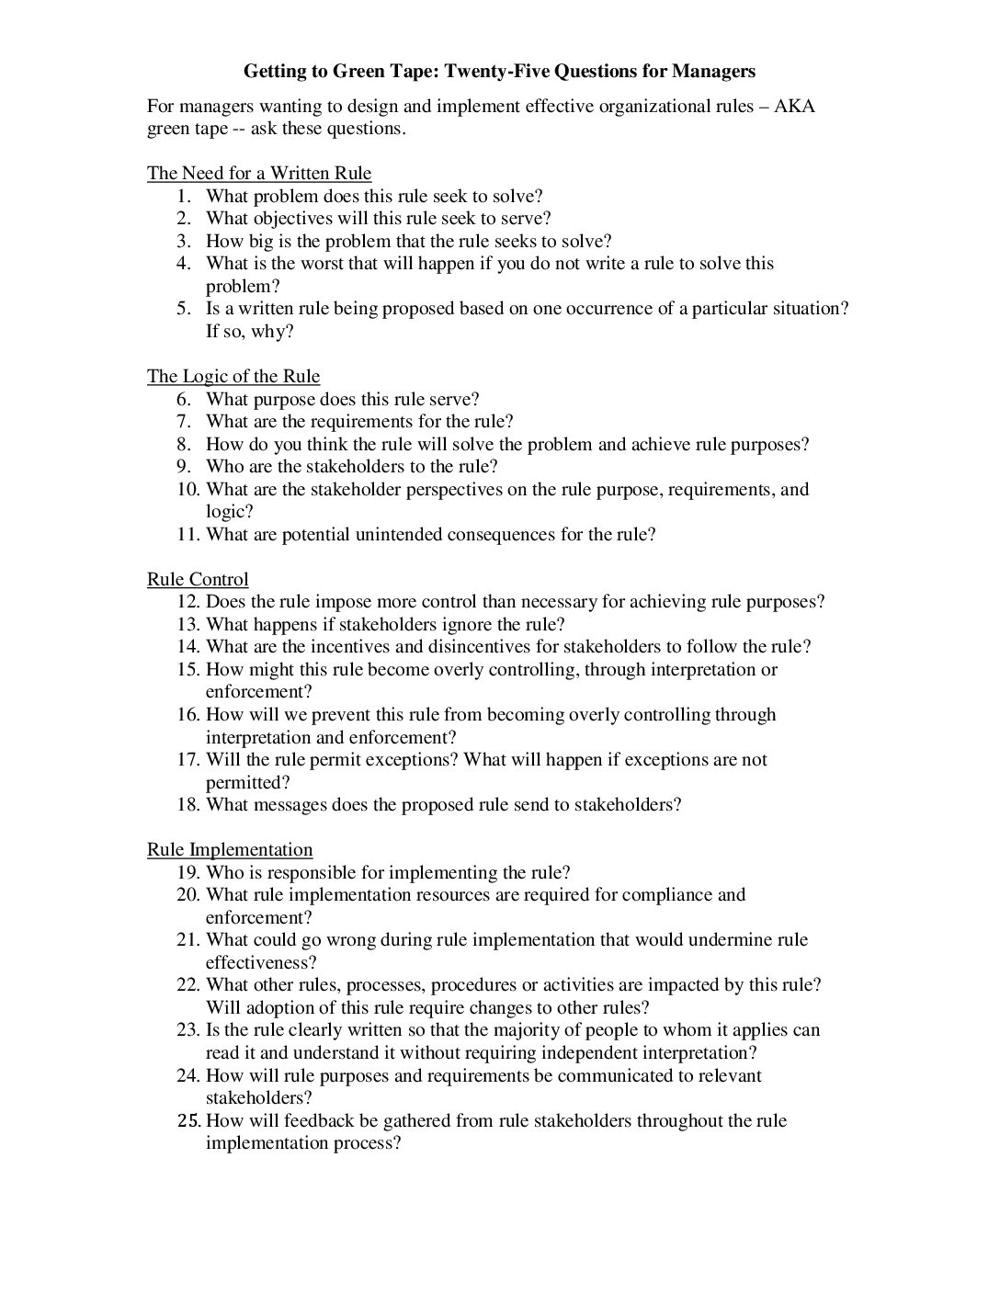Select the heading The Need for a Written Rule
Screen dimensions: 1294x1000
[259, 173]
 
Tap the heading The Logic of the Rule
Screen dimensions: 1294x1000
[233, 376]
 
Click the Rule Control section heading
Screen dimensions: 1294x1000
[198, 579]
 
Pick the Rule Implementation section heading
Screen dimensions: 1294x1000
[230, 849]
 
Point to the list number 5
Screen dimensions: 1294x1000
[184, 308]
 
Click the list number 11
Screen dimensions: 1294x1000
[187, 534]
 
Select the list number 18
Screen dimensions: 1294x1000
[187, 804]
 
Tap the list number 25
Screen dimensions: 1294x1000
[187, 1120]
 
